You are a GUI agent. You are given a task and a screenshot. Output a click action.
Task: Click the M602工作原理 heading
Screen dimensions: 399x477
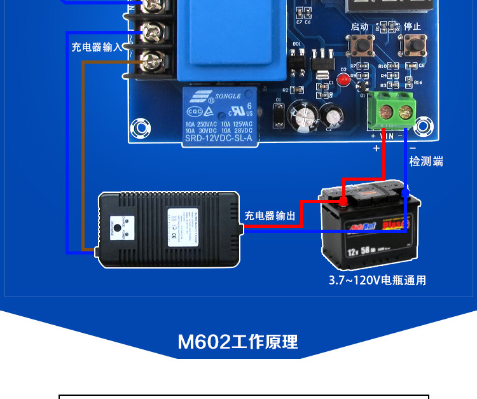(x=238, y=342)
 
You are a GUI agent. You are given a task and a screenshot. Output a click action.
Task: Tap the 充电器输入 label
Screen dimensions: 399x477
(x=96, y=47)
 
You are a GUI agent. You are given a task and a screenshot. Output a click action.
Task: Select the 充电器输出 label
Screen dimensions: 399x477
(x=270, y=216)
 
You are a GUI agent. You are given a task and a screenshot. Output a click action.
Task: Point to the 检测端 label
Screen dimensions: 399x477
(x=425, y=161)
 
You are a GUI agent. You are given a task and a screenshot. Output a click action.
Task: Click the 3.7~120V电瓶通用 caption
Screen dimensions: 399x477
(x=377, y=280)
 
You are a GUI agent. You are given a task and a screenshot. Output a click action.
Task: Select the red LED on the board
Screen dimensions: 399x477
(x=344, y=81)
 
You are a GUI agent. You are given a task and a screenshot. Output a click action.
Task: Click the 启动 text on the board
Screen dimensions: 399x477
(x=359, y=27)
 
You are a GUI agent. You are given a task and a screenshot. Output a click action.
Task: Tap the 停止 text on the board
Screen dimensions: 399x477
(x=412, y=27)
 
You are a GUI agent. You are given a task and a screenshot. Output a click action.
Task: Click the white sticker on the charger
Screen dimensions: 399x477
(x=180, y=228)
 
